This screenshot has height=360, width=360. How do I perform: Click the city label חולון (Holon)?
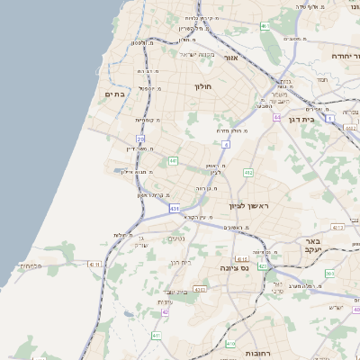(x=202, y=87)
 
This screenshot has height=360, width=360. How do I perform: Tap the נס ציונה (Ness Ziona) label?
(x=235, y=268)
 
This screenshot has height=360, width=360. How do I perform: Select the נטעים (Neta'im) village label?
(x=176, y=238)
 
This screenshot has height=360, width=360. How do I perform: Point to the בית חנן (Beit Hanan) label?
(x=180, y=262)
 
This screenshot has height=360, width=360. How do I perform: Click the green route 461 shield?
(x=265, y=26)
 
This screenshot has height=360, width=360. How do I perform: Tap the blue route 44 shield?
(x=278, y=117)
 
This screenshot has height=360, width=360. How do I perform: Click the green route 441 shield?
(x=173, y=160)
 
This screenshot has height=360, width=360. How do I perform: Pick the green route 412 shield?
(x=247, y=172)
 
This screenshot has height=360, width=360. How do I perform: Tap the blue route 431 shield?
(x=174, y=209)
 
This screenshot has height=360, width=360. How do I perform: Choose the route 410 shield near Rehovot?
(x=230, y=344)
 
